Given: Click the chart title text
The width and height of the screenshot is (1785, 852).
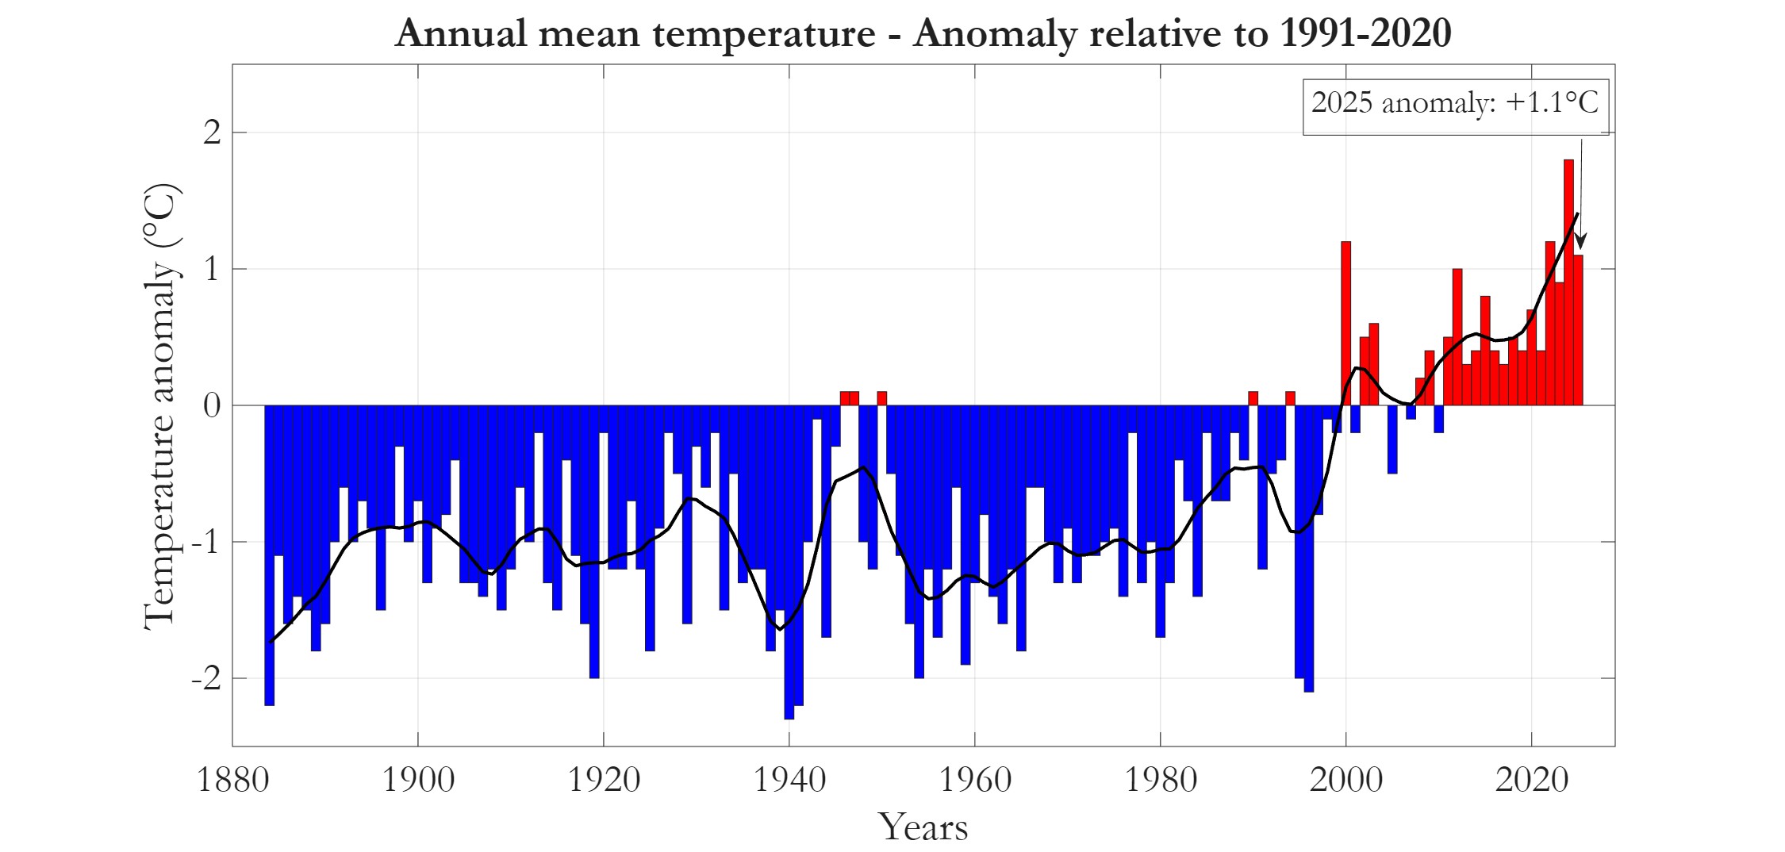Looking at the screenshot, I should click(x=923, y=33).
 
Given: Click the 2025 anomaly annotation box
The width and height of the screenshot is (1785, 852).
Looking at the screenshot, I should click(x=1455, y=106).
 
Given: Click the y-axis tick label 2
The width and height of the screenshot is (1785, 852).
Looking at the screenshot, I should click(x=212, y=132).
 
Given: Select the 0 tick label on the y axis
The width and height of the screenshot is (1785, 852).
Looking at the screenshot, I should click(x=212, y=406).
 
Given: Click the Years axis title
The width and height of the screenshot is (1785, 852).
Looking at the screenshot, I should click(x=923, y=827).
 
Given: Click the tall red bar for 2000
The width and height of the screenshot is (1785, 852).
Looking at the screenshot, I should click(x=1345, y=325).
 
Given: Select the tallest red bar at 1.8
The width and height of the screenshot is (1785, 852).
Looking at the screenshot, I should click(x=1568, y=286).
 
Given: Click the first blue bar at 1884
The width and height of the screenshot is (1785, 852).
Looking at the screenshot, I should click(x=270, y=555).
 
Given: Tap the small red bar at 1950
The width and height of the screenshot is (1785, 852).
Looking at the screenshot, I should click(x=882, y=398).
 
